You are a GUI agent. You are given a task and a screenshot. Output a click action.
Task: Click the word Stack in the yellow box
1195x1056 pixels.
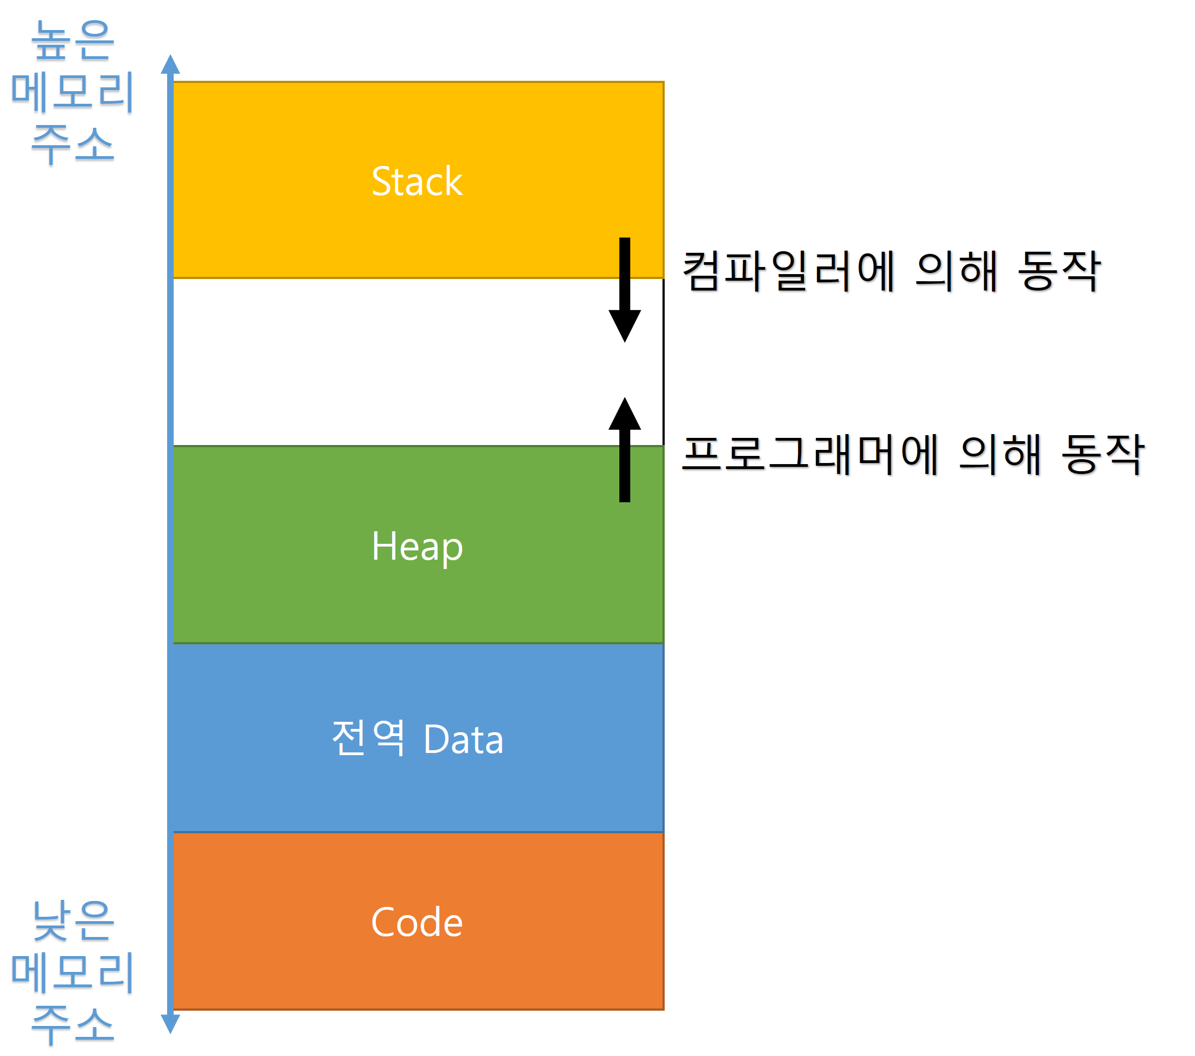click(x=416, y=182)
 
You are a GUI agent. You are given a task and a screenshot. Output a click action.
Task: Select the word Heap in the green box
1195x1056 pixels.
click(x=416, y=547)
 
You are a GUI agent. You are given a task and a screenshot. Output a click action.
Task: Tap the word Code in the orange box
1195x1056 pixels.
click(x=416, y=923)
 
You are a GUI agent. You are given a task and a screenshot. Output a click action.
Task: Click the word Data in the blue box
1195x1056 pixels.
click(x=463, y=740)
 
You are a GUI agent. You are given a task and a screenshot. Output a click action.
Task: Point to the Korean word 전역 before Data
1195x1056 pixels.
click(x=368, y=738)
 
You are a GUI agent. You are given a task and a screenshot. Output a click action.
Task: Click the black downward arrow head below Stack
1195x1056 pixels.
click(x=624, y=325)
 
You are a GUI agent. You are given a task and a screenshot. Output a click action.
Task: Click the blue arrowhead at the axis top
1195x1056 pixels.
click(x=170, y=64)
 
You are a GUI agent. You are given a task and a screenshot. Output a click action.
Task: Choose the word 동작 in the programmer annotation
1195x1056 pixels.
click(x=1102, y=455)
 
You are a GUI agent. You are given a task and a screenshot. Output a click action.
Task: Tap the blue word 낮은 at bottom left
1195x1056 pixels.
click(x=73, y=921)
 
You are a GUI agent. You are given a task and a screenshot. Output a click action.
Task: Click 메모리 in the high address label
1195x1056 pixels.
click(x=73, y=92)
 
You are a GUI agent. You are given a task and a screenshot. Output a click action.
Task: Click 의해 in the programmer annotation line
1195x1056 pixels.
click(x=1001, y=455)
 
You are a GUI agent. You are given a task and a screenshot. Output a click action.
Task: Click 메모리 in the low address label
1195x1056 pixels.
click(x=73, y=973)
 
